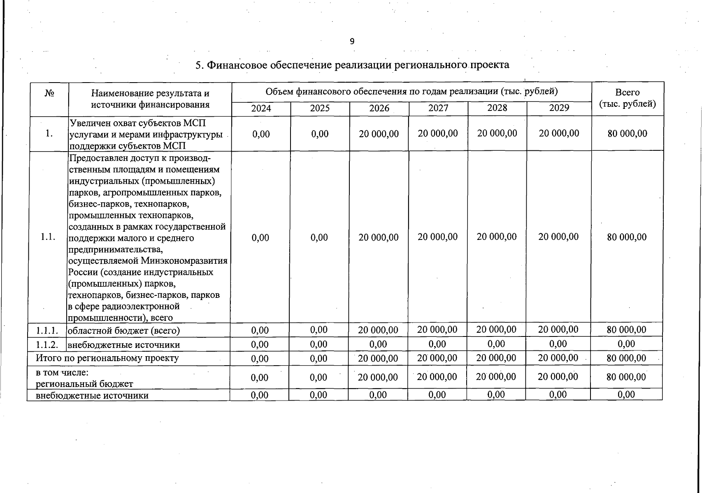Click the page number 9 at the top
click(x=352, y=41)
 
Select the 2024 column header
click(x=261, y=108)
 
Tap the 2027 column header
click(x=438, y=108)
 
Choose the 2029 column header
click(x=559, y=108)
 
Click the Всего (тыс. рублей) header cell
click(x=627, y=98)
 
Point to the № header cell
click(x=49, y=93)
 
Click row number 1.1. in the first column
click(x=48, y=237)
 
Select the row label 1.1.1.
click(x=46, y=330)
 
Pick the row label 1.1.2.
click(x=46, y=344)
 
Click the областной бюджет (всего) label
click(x=123, y=330)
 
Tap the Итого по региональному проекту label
click(x=107, y=358)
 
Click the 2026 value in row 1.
click(x=379, y=134)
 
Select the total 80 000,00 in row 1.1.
click(x=627, y=237)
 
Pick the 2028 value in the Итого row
click(x=496, y=358)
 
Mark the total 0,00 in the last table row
click(x=626, y=395)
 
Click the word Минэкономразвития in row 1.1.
click(x=184, y=261)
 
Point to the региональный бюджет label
click(x=84, y=384)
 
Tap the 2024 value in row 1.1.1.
click(x=260, y=330)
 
